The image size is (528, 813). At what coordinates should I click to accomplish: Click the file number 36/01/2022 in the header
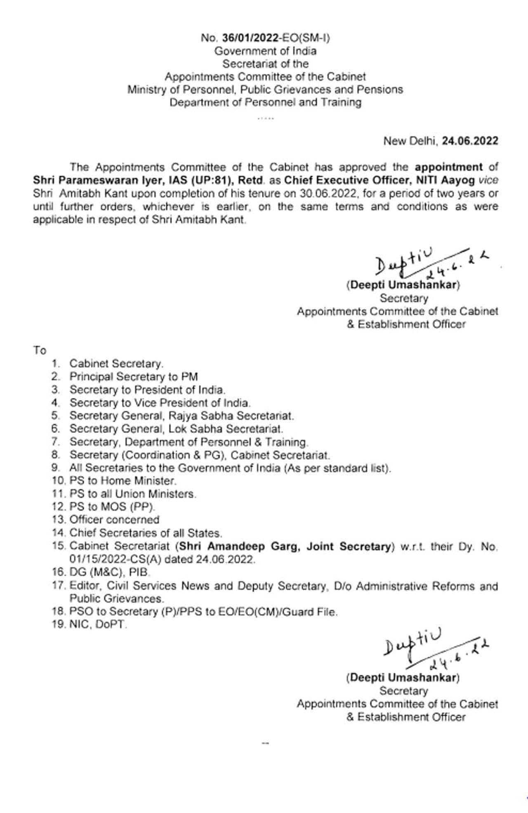[x=250, y=38]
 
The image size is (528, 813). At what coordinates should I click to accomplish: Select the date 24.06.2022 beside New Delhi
[x=470, y=141]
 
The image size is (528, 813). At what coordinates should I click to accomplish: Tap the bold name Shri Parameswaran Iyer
[x=82, y=180]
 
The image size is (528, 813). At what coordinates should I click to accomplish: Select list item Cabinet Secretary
[x=116, y=364]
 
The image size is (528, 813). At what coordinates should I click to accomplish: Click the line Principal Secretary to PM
[x=134, y=377]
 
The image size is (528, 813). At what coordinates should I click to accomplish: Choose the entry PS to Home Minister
[x=123, y=481]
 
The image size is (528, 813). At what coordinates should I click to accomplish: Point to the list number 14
[x=58, y=533]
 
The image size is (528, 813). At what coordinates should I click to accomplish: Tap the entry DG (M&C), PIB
[x=109, y=572]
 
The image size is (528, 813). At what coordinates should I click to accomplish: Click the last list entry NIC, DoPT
[x=98, y=624]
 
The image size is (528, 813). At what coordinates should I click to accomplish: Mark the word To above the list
[x=40, y=350]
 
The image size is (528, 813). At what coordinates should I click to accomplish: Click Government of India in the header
[x=265, y=51]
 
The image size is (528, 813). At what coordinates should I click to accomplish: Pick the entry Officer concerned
[x=114, y=520]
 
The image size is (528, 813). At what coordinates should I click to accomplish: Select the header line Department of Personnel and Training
[x=265, y=102]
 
